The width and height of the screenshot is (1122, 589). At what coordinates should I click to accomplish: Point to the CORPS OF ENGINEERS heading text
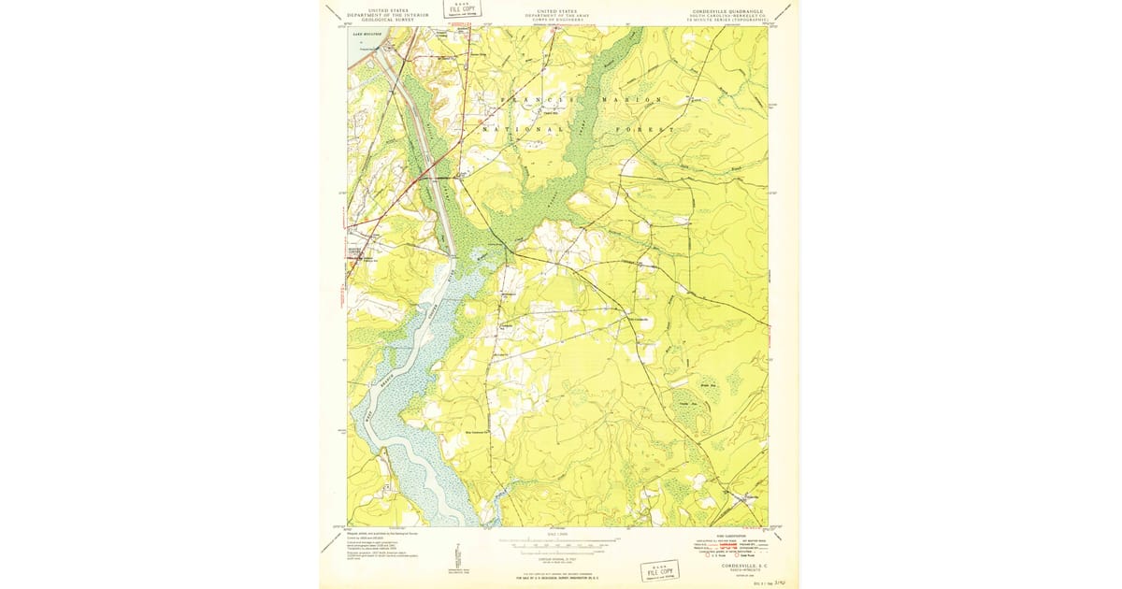[x=558, y=19]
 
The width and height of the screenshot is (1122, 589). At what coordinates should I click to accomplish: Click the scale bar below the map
[x=558, y=540]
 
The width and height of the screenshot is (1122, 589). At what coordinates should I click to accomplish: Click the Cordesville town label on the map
[x=638, y=318]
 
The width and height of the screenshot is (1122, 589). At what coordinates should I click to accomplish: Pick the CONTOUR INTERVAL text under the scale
[x=558, y=553]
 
